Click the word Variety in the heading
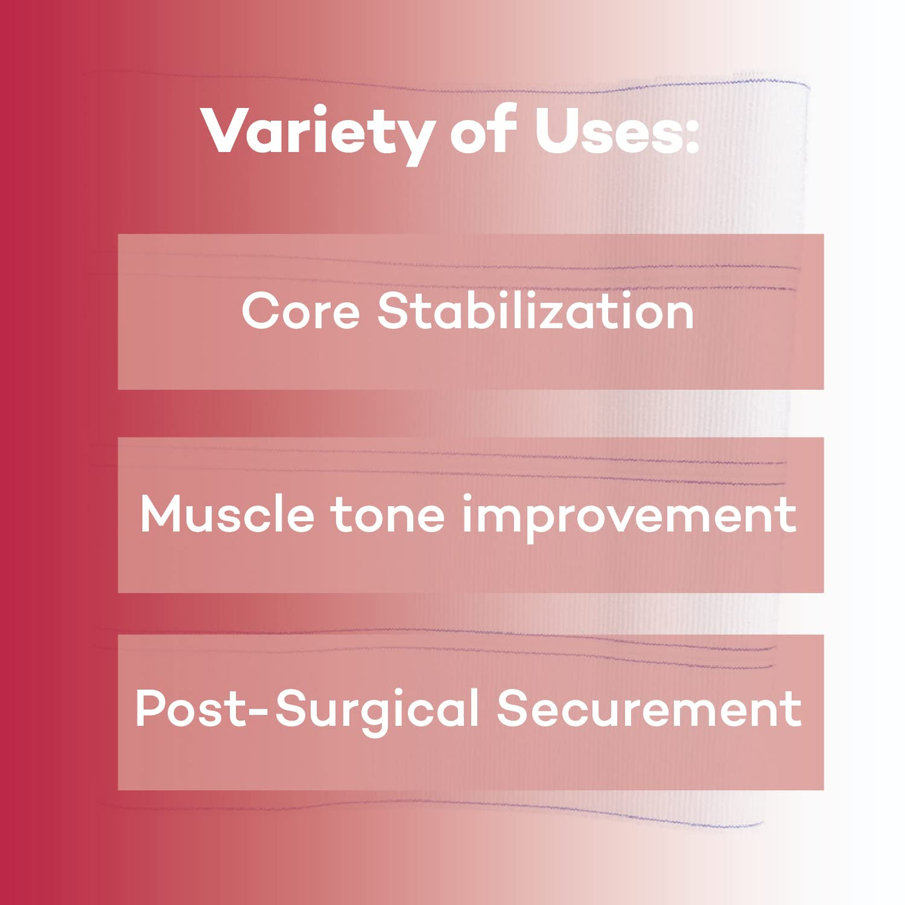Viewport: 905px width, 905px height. pos(319,133)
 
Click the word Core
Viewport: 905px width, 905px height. pos(301,311)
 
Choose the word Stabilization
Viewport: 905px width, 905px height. pos(536,310)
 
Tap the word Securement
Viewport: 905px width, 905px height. pos(649,708)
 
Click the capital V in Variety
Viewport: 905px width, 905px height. pos(228,130)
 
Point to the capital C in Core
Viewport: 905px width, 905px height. pos(260,311)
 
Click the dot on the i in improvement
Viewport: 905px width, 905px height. pos(467,498)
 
